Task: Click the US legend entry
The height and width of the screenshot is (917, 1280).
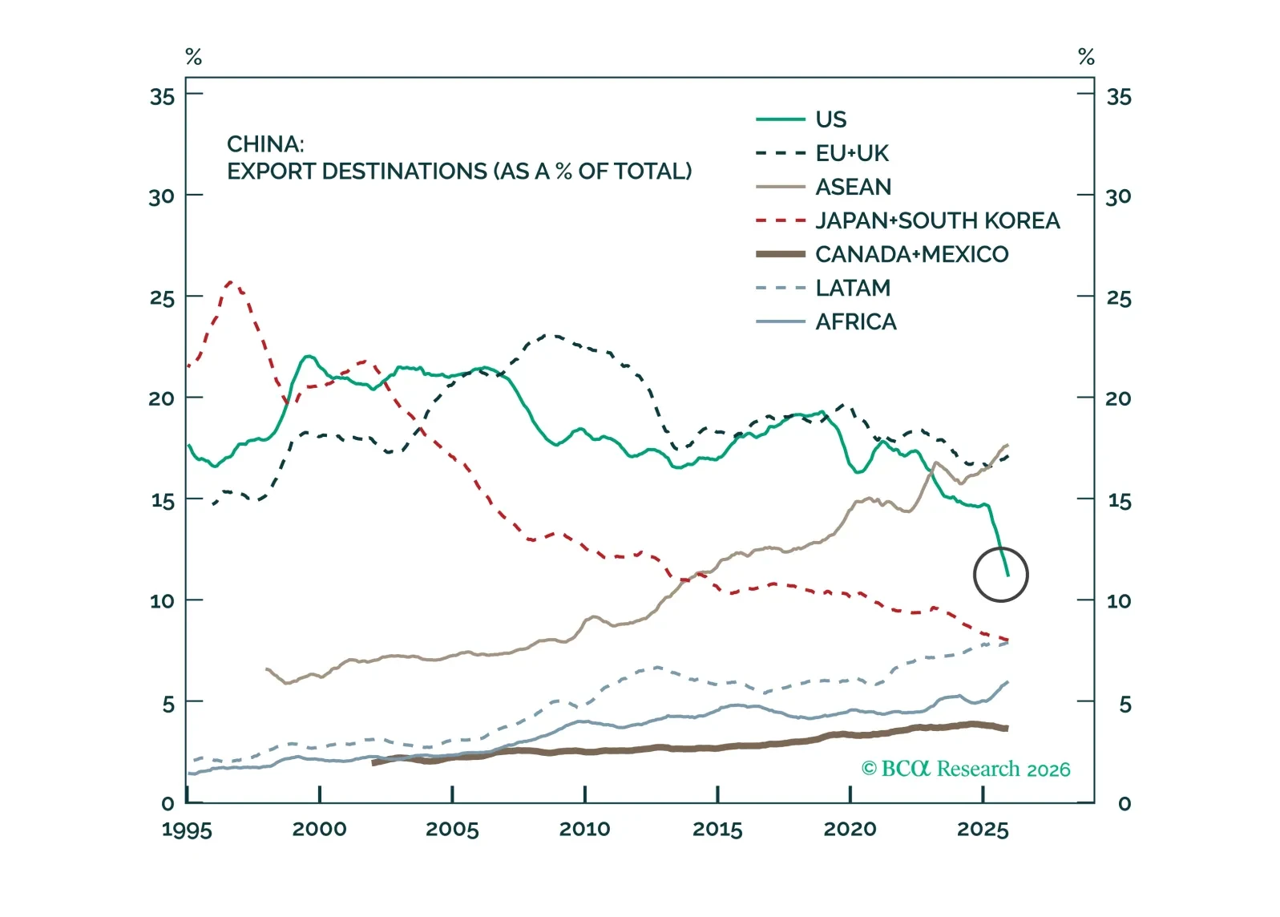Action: click(x=830, y=119)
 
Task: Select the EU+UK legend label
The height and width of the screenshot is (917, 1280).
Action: click(x=852, y=153)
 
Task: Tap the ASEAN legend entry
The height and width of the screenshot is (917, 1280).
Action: click(x=853, y=187)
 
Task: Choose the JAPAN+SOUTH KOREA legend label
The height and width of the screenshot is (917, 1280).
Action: click(x=937, y=220)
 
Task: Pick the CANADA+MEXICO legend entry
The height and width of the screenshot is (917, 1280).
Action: click(x=911, y=254)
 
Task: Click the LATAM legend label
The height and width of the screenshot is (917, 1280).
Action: click(x=853, y=288)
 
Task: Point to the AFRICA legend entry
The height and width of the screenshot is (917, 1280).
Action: click(x=855, y=321)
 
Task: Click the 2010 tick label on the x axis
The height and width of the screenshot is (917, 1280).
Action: click(x=584, y=829)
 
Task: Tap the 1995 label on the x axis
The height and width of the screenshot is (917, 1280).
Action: click(x=187, y=829)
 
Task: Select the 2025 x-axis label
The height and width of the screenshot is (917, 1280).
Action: click(x=983, y=829)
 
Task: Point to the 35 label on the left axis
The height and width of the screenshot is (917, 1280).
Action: click(x=162, y=97)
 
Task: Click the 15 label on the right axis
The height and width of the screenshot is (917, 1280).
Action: click(x=1119, y=501)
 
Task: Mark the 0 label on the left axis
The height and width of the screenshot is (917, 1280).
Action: click(x=168, y=803)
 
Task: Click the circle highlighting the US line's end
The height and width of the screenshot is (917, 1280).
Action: click(x=1000, y=574)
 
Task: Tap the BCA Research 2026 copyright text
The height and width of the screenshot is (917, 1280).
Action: click(x=966, y=769)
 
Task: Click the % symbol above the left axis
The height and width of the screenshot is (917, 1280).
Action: click(x=193, y=57)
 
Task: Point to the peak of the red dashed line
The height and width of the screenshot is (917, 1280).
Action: click(x=232, y=282)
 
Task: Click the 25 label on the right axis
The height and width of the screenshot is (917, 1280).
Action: click(x=1119, y=299)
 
